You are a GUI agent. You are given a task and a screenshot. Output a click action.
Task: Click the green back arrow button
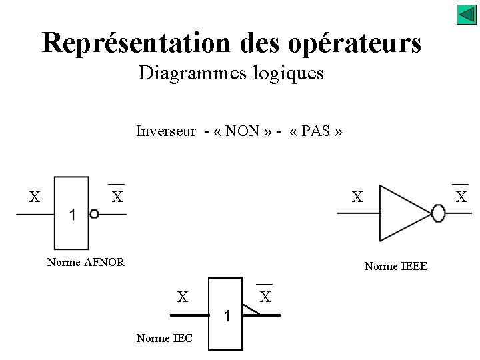point(466,15)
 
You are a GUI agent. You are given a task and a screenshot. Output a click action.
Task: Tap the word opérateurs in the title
point(355,43)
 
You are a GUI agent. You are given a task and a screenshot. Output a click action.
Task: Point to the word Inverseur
point(166,131)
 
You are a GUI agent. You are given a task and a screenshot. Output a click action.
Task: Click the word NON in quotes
point(243,131)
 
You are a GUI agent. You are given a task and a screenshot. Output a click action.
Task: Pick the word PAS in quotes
point(316,131)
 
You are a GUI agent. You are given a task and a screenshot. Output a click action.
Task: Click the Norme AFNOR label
point(86,262)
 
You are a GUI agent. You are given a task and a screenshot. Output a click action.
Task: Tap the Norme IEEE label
point(396,267)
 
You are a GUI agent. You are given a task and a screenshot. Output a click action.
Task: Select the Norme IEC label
point(164,338)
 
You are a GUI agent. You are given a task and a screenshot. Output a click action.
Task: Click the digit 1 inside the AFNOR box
point(72,215)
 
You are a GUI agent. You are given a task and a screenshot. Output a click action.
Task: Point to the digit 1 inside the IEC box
point(227,316)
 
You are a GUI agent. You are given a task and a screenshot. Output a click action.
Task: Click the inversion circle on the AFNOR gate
point(94,214)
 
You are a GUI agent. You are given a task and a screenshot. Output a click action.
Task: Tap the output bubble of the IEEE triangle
point(438,213)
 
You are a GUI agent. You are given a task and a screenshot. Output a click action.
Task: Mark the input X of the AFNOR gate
point(35,197)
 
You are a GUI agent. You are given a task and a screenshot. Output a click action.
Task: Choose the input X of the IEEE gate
point(357,197)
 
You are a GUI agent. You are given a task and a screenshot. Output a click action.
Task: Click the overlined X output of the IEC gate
point(265,297)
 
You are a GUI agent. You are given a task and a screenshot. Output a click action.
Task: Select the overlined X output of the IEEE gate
point(461,197)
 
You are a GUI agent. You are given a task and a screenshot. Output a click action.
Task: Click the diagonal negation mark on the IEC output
point(251,309)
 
